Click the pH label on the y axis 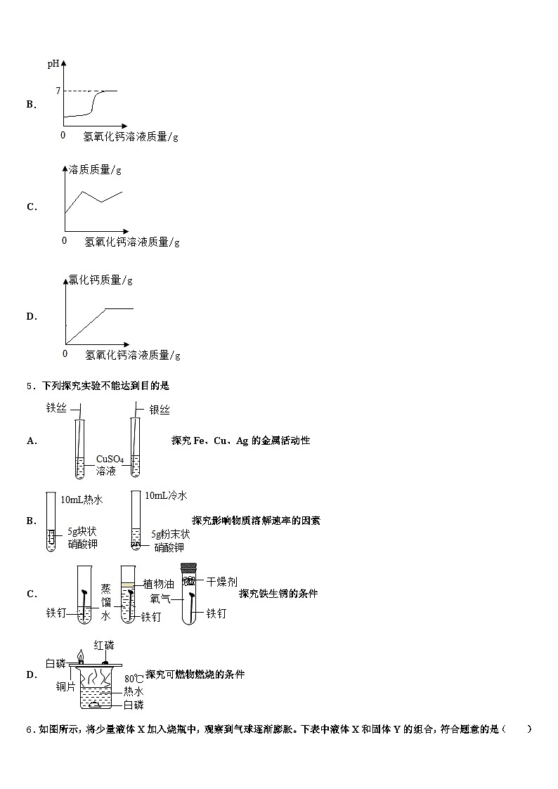[53, 64]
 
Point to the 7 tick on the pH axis [58, 91]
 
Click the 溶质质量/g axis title [95, 169]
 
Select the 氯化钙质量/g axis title [100, 280]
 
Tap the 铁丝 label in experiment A [56, 407]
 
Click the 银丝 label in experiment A [160, 410]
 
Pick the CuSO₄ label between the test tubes [110, 459]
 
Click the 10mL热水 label [82, 499]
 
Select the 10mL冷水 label [166, 495]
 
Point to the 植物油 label [159, 584]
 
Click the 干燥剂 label [222, 582]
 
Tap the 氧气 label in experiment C [160, 599]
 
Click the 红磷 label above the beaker [104, 645]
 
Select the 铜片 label [65, 686]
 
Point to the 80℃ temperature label [134, 679]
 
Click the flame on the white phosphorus [80, 655]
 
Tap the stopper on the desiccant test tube [188, 568]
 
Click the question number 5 [30, 386]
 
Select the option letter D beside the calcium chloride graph [31, 316]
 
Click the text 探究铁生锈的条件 [278, 593]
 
